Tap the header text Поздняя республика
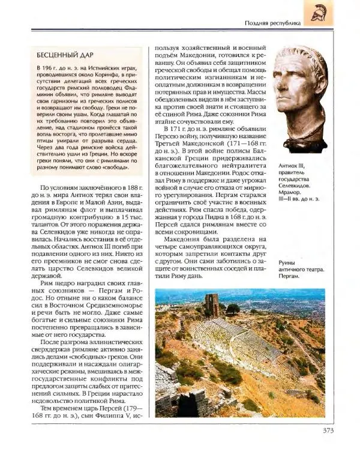coord(272,23)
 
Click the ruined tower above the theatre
coord(211,304)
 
